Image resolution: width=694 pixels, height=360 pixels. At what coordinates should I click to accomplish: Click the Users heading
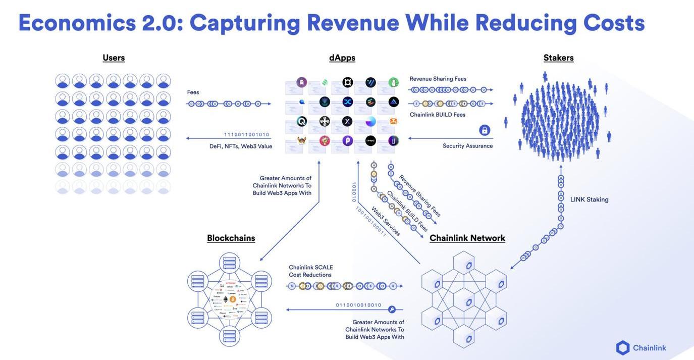pyautogui.click(x=114, y=58)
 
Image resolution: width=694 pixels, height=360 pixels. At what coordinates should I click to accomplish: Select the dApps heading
pyautogui.click(x=342, y=58)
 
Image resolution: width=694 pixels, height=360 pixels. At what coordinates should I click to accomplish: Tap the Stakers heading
pyautogui.click(x=558, y=58)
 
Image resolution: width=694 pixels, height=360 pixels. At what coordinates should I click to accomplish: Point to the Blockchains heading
pyautogui.click(x=231, y=238)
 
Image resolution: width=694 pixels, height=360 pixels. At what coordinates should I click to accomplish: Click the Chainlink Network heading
pyautogui.click(x=467, y=238)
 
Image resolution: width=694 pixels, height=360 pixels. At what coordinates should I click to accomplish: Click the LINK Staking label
pyautogui.click(x=589, y=199)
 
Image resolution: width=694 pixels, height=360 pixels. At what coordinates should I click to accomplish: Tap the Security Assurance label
pyautogui.click(x=467, y=146)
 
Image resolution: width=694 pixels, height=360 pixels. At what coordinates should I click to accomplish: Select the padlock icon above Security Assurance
pyautogui.click(x=485, y=130)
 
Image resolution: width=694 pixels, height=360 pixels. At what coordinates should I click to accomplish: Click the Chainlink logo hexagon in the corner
pyautogui.click(x=623, y=347)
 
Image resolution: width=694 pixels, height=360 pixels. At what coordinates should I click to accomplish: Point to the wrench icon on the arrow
pyautogui.click(x=392, y=309)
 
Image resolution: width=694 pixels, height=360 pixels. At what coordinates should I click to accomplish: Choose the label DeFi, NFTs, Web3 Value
pyautogui.click(x=241, y=146)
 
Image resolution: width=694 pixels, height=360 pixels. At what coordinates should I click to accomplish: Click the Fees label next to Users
pyautogui.click(x=193, y=92)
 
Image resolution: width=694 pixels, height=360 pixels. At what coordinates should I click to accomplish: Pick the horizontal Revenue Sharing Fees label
pyautogui.click(x=438, y=79)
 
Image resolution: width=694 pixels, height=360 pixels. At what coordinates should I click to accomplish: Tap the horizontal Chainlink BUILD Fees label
pyautogui.click(x=437, y=115)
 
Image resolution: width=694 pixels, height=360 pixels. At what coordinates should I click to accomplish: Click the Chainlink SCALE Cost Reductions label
pyautogui.click(x=310, y=271)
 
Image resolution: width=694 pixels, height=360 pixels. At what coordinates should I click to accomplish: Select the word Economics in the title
pyautogui.click(x=77, y=23)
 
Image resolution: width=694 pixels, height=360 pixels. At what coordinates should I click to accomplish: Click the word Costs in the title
pyautogui.click(x=614, y=23)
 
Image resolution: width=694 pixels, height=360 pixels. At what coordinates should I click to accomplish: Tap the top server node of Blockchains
pyautogui.click(x=229, y=263)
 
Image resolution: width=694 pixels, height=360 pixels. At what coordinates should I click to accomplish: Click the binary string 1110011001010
pyautogui.click(x=246, y=135)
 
